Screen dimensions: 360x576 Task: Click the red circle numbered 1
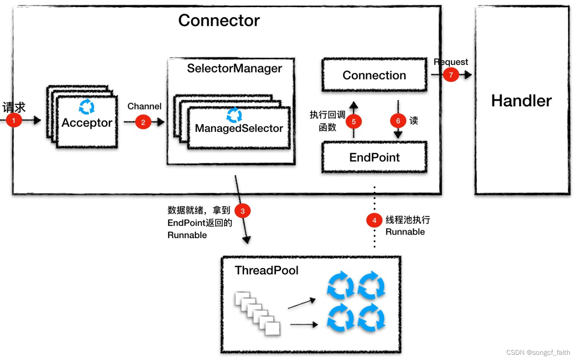[14, 120]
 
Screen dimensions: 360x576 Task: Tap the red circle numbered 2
[143, 122]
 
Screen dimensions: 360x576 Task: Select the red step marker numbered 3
[243, 211]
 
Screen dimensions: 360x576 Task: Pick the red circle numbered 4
[374, 220]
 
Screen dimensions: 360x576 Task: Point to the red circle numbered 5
[354, 121]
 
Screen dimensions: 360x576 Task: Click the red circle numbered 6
[398, 121]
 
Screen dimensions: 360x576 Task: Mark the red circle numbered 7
[451, 74]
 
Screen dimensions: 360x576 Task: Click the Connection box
[374, 75]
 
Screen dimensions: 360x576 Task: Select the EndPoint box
[374, 157]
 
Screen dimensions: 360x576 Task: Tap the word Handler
[521, 101]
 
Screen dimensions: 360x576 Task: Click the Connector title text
[219, 20]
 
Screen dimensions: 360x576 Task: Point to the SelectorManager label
[234, 68]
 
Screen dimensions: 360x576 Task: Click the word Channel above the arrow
[144, 106]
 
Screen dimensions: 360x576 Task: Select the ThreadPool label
[266, 270]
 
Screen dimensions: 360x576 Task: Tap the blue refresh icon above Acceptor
[86, 107]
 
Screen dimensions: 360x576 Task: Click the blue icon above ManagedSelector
[234, 115]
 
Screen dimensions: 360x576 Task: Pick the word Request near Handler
[451, 62]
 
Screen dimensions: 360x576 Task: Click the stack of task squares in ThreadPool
[257, 313]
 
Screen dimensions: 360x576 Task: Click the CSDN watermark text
[538, 352]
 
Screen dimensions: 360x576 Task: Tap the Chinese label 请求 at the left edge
[14, 107]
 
